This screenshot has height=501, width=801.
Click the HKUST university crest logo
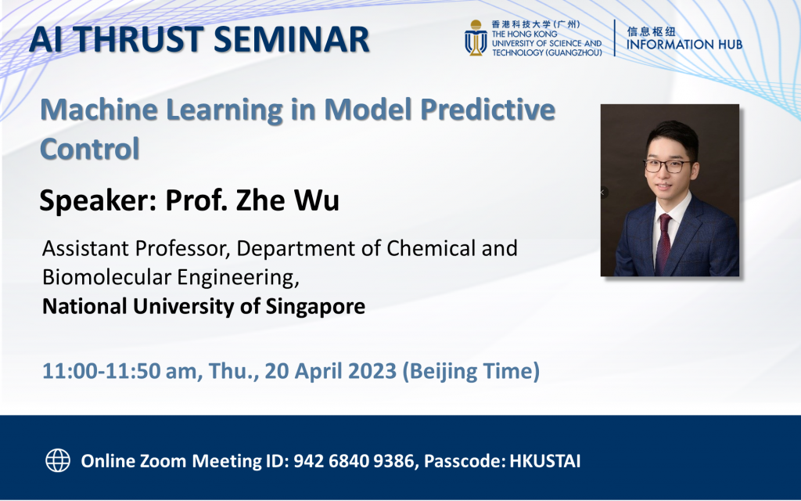[x=475, y=38]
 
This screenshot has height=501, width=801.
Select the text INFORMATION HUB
[x=684, y=45]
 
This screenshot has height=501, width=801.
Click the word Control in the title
[x=90, y=147]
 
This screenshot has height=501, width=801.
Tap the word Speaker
[x=95, y=200]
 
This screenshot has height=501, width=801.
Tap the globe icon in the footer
[x=58, y=460]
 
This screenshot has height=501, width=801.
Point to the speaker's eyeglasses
[x=667, y=166]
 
